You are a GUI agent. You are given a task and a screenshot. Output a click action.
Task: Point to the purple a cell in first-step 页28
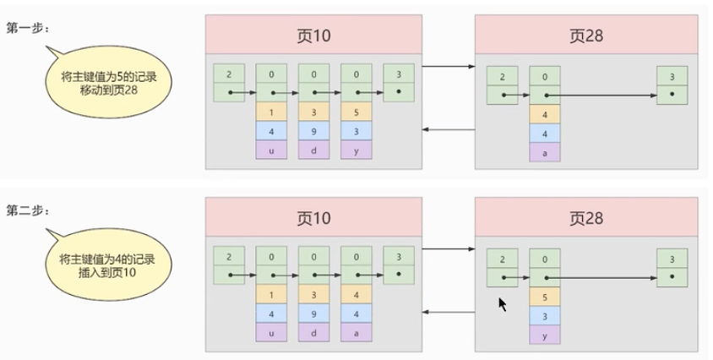tap(545, 152)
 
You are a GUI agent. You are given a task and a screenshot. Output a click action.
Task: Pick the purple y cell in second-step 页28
tap(545, 335)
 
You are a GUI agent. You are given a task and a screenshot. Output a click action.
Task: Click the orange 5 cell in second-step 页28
tap(545, 297)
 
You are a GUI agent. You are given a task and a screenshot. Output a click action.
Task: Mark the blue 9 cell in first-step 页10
tap(313, 131)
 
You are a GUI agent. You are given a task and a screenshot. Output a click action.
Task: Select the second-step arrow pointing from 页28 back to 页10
tap(448, 311)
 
